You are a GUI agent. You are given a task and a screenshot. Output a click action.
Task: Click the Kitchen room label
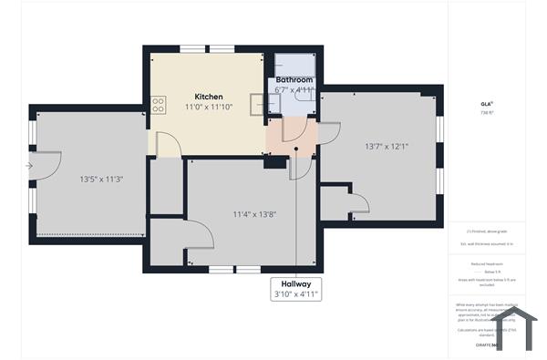209,96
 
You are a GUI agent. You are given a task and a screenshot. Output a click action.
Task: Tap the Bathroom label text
294,80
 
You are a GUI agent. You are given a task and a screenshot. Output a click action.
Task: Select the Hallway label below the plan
297,283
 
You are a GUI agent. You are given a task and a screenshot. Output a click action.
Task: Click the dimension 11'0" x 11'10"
209,108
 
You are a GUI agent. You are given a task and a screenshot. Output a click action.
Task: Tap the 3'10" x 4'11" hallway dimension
297,294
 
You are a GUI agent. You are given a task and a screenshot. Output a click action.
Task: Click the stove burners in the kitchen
159,106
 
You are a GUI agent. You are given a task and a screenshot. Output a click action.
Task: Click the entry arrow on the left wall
30,166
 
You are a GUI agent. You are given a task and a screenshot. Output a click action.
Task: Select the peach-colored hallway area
290,137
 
